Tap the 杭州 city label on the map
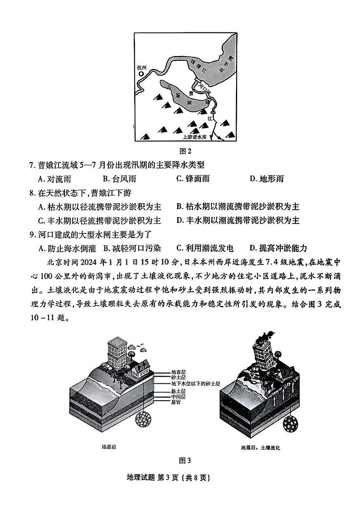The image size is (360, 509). (x=142, y=67)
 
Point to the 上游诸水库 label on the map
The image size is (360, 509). (x=197, y=136)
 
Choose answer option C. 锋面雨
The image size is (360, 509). (x=193, y=179)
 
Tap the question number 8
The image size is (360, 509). (x=32, y=193)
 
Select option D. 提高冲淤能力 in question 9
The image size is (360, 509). (x=278, y=248)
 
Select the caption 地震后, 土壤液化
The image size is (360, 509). (x=261, y=447)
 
